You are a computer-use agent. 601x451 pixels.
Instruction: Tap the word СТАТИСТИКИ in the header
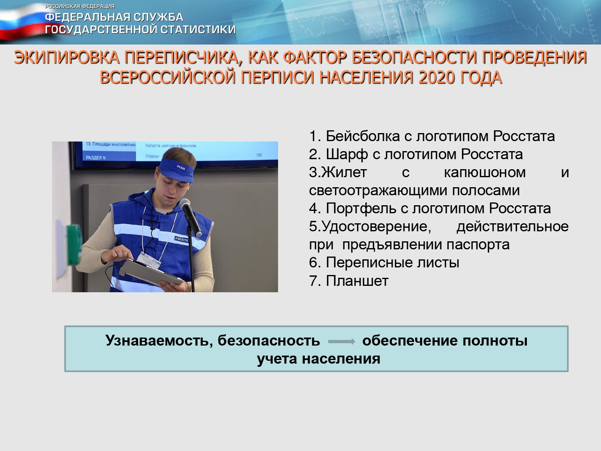[x=198, y=29]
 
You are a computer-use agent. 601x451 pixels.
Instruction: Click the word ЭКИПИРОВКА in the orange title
[x=67, y=57]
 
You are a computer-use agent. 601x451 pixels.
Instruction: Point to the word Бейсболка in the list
[x=363, y=136]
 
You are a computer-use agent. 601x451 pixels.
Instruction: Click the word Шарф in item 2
[x=347, y=154]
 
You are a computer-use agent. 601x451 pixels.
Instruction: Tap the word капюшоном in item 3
[x=485, y=173]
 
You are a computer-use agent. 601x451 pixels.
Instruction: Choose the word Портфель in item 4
[x=361, y=208]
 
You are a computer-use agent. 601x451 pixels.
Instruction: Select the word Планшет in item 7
[x=357, y=281]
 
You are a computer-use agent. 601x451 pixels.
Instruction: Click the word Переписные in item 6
[x=369, y=263]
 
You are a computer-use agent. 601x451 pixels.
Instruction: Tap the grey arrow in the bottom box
[x=341, y=342]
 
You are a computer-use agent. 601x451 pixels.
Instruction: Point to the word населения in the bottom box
[x=341, y=359]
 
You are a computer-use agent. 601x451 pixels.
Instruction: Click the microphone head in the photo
[x=185, y=204]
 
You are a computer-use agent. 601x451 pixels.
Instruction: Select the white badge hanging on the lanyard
[x=149, y=261]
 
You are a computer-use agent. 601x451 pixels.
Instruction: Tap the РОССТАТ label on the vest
[x=182, y=240]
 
